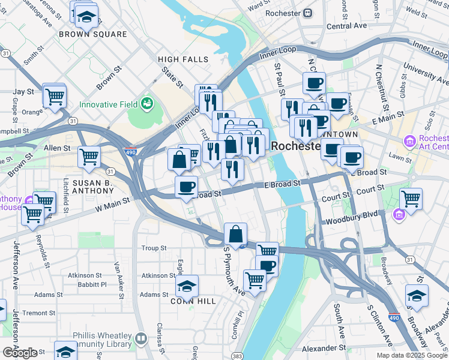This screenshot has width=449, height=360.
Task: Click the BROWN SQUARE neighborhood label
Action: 93,34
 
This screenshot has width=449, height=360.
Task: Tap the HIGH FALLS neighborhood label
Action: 183,59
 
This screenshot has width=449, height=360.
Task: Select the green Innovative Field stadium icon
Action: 146,104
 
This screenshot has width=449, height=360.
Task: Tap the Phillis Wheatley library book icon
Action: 141,340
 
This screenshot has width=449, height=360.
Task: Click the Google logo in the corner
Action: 20,353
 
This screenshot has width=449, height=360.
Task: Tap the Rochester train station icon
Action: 308,13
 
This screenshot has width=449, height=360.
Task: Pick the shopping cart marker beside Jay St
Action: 55,95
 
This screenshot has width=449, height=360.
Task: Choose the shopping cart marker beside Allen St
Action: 89,158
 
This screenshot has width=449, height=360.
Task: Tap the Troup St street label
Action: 154,248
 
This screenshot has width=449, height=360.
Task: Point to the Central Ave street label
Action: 346,26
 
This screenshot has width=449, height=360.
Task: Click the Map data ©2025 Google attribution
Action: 411,355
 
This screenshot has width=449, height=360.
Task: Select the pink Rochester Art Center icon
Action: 409,142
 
